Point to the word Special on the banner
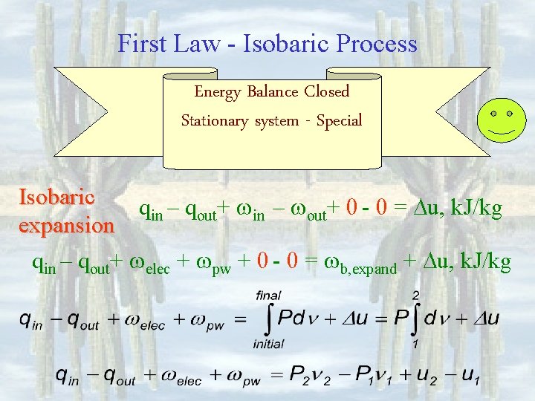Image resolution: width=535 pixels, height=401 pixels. (339, 120)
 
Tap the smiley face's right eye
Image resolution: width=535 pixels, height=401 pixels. (510, 114)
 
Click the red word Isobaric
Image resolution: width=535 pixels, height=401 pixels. (56, 197)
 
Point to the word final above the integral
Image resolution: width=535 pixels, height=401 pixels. (268, 296)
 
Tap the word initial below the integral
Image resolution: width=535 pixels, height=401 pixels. (268, 344)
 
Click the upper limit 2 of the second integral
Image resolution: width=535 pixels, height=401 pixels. (416, 296)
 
